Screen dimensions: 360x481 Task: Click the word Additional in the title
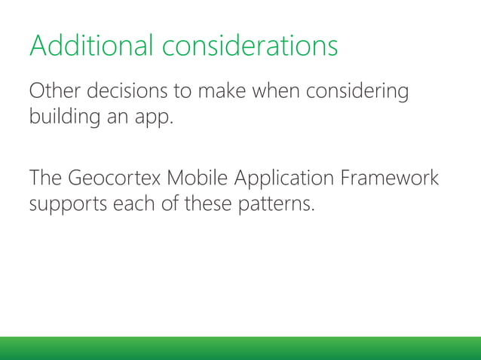tap(91, 46)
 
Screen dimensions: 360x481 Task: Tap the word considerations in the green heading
tap(250, 46)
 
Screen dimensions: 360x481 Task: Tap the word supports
tap(69, 206)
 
